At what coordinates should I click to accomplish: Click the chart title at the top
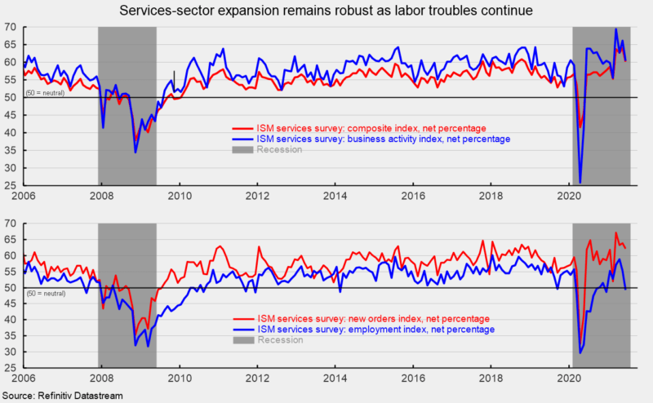(326, 11)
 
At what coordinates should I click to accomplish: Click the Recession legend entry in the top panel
(281, 150)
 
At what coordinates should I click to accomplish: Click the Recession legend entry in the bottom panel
(281, 340)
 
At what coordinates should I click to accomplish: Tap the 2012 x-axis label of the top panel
(257, 197)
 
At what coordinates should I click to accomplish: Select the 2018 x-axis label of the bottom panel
(492, 379)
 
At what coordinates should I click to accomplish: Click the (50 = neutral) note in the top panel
(46, 93)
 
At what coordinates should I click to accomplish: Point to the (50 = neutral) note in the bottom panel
(46, 292)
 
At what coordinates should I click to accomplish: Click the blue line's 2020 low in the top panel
(580, 183)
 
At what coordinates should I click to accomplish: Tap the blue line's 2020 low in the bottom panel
(580, 352)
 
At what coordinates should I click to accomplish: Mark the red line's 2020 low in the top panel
(581, 127)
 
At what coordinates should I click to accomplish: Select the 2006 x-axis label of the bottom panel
(23, 379)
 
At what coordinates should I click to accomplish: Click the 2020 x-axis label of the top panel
(570, 197)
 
